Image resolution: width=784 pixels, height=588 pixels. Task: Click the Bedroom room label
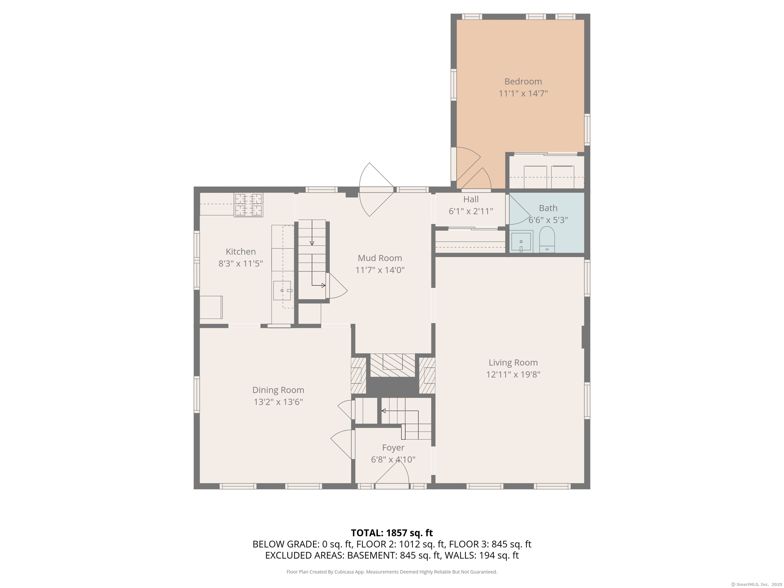tap(523, 82)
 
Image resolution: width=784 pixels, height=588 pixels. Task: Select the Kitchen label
tap(241, 252)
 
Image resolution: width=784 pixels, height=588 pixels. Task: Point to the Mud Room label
tap(380, 258)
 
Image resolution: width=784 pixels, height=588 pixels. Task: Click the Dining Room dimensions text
tap(278, 402)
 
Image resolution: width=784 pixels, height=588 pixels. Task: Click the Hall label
tap(471, 199)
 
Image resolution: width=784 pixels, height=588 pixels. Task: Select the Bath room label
tap(548, 208)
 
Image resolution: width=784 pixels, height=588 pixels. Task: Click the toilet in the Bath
tap(547, 240)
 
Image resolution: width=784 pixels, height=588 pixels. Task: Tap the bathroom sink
tap(522, 242)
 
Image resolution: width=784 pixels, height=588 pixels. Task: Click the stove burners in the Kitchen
tap(248, 204)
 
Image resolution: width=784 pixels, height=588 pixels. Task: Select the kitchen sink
tap(282, 291)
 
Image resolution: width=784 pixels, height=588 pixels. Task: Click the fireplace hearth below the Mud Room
tap(393, 365)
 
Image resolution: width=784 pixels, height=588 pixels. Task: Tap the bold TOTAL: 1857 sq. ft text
tap(392, 533)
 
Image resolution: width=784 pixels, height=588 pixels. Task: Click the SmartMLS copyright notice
tap(756, 585)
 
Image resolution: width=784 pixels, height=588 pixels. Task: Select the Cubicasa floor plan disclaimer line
tap(392, 572)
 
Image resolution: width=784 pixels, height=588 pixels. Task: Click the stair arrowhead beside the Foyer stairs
tap(384, 411)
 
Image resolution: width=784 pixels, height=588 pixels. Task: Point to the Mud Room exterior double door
tap(376, 190)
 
